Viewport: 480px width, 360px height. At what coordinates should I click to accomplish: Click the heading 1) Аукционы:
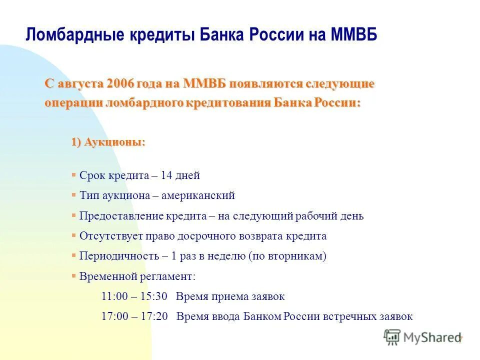tap(108, 142)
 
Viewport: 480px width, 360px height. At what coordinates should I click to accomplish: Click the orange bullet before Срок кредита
tap(73, 175)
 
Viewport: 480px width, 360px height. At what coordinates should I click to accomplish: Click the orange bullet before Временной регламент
tap(73, 275)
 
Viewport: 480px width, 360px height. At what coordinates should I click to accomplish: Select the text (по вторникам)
tap(287, 256)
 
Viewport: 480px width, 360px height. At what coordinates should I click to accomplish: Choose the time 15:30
tap(153, 296)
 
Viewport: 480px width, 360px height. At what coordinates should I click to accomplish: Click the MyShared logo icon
tap(392, 336)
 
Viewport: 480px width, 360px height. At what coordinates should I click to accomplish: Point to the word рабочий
tap(313, 216)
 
